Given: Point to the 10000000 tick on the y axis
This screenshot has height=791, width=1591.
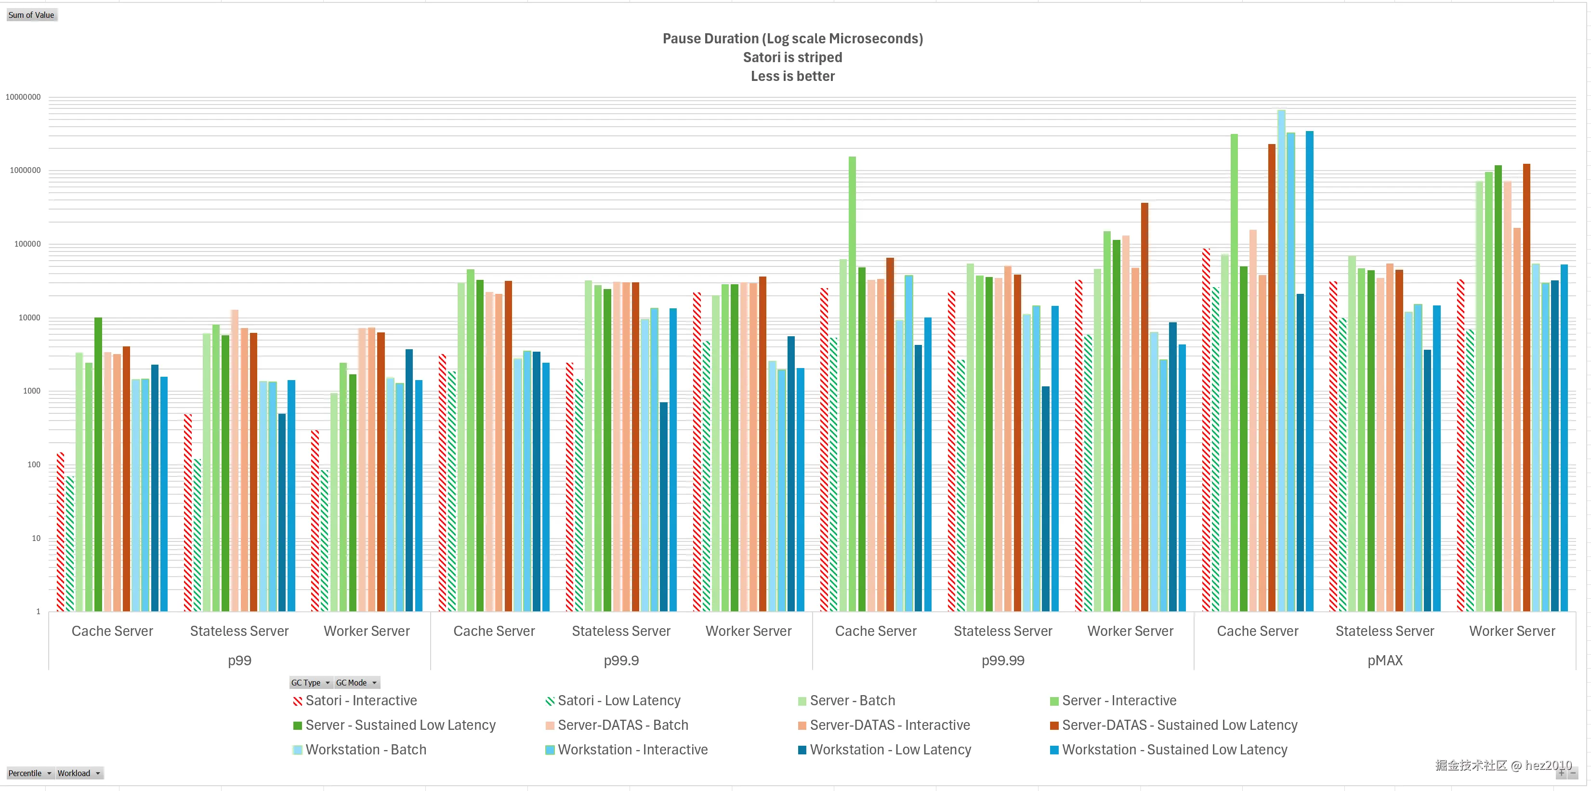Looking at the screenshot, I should (x=24, y=97).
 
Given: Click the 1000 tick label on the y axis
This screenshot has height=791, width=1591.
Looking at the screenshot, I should (x=31, y=391).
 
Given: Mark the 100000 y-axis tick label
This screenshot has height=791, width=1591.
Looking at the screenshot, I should (x=28, y=244).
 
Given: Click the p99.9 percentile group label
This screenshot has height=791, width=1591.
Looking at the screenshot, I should (x=621, y=661).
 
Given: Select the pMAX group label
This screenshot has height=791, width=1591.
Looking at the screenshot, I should (x=1385, y=661).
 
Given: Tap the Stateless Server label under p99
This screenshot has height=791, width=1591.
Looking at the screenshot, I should (x=240, y=631).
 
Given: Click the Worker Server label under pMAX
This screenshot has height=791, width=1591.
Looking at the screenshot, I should (x=1512, y=631).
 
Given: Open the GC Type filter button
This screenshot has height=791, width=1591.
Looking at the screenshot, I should (x=311, y=682).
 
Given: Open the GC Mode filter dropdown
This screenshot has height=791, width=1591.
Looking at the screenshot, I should (x=356, y=682).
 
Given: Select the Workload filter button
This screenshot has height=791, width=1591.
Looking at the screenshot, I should (x=79, y=773).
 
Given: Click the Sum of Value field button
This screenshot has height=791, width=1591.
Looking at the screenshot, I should (x=31, y=15).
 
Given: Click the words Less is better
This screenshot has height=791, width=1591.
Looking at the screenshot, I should (x=792, y=76).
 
